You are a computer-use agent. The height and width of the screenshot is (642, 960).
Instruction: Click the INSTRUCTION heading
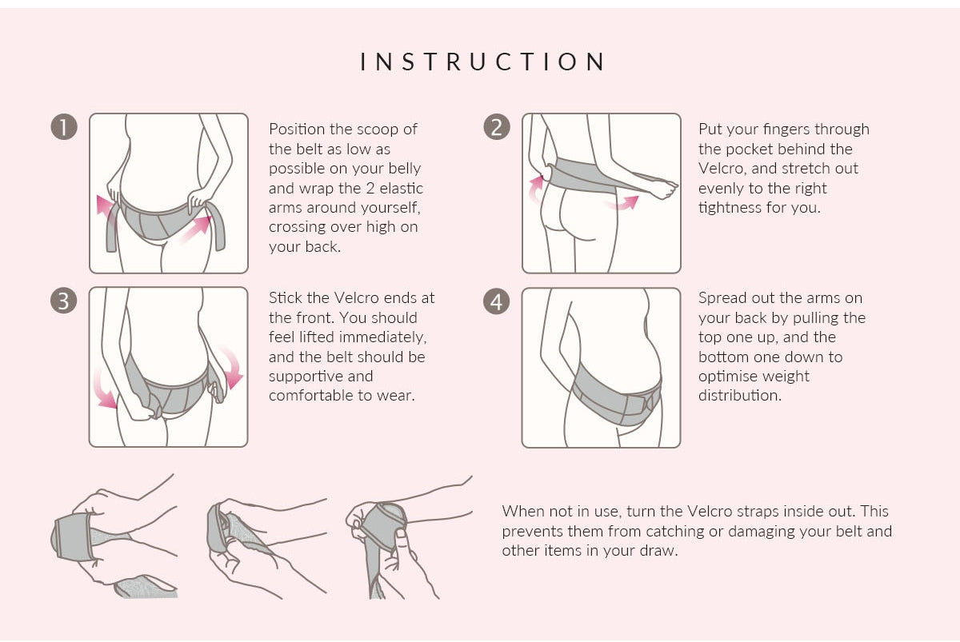tap(482, 62)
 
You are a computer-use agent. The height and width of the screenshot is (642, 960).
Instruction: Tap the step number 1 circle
tap(64, 127)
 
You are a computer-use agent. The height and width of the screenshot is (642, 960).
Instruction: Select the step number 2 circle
tap(497, 127)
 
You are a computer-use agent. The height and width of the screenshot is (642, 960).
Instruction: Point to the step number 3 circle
tap(64, 301)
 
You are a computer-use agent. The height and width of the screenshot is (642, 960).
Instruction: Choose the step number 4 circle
tap(497, 301)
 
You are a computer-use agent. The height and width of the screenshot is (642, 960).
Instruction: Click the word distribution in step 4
tap(740, 396)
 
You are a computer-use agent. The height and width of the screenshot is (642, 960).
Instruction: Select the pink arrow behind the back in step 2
tap(536, 189)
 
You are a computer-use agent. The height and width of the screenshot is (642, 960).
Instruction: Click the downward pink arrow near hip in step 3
tap(231, 367)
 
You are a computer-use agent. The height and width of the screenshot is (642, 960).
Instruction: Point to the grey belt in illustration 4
tap(616, 395)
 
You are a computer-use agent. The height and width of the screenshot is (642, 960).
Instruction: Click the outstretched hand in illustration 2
tap(662, 189)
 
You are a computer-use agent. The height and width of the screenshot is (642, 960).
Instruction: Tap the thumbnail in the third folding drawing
tap(401, 534)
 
